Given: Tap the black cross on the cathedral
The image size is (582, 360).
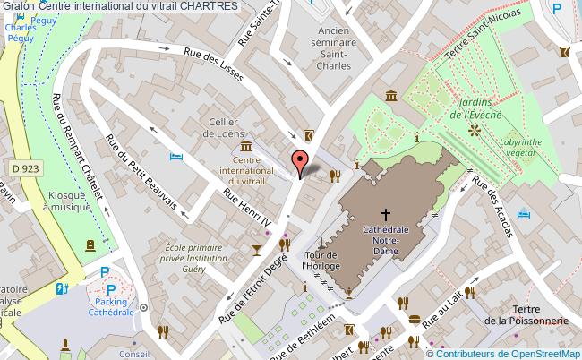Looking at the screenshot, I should click(x=387, y=214).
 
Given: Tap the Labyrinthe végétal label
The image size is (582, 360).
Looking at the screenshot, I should click(x=526, y=145).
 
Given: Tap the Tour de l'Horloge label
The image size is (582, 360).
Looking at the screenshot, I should click(x=321, y=258).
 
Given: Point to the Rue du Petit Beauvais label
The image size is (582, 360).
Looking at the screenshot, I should click(x=144, y=176).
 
